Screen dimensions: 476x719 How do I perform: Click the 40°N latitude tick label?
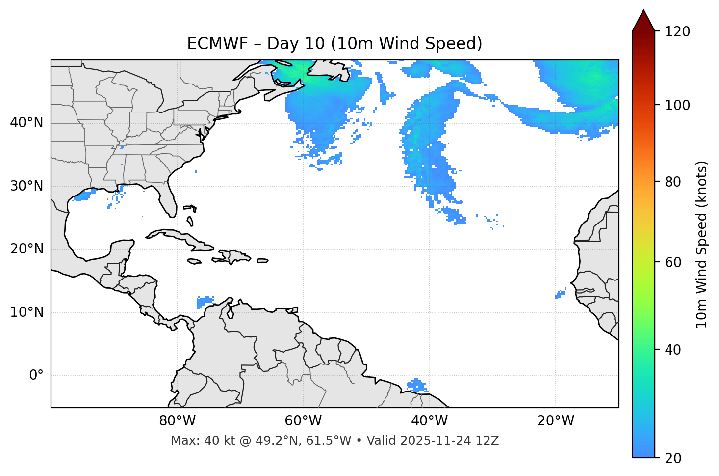point(26,123)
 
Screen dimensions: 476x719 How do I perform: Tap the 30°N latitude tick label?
point(26,186)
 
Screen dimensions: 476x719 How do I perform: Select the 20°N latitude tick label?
point(26,249)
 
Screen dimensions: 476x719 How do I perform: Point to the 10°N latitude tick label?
point(26,312)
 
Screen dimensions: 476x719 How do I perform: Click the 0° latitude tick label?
point(36,376)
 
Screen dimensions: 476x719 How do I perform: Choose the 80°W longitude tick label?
point(177,421)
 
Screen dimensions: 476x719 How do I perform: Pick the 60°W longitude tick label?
point(303,421)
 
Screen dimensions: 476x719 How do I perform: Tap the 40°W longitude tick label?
point(429,421)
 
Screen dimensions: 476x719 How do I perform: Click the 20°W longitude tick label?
point(555,421)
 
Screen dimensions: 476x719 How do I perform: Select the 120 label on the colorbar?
point(677,32)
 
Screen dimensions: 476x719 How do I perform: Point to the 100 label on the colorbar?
point(677,105)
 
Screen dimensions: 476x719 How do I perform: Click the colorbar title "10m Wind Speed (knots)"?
point(702,244)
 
